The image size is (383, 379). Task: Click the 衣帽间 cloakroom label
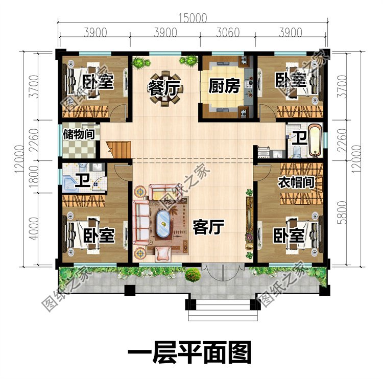click(x=295, y=182)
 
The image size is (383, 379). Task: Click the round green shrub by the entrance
click(x=192, y=276)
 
